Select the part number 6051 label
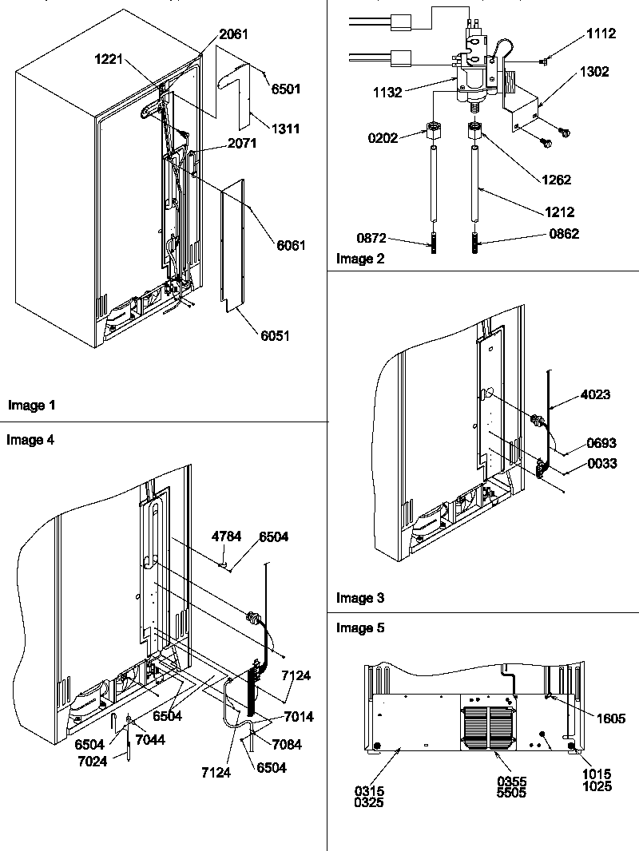[274, 336]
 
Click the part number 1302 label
[592, 71]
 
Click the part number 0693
[601, 441]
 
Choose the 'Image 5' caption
[360, 628]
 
